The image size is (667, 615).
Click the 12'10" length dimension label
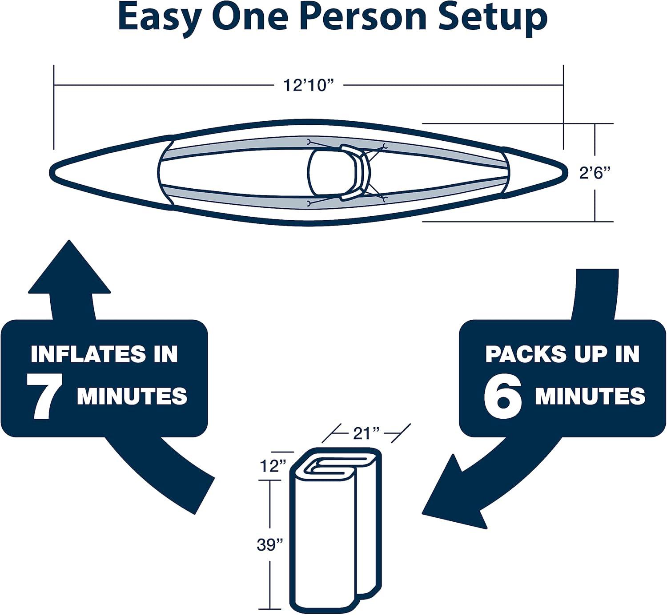(309, 85)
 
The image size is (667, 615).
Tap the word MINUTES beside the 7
(132, 395)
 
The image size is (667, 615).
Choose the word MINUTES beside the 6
(590, 395)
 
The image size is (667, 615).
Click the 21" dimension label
(367, 432)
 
